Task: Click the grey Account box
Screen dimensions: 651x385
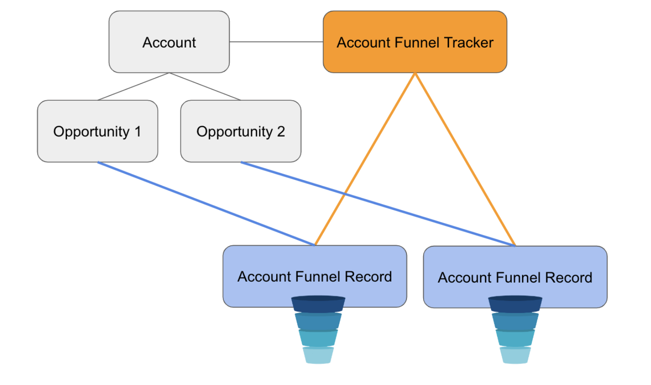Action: [169, 42]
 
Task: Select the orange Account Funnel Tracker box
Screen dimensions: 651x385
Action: [415, 42]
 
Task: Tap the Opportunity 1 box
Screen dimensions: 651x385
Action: [98, 131]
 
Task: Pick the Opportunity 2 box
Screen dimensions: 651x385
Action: [240, 131]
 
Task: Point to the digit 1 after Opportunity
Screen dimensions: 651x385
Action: [138, 131]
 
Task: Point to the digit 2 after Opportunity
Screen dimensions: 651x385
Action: [281, 131]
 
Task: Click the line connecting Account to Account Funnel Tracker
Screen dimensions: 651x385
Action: [276, 42]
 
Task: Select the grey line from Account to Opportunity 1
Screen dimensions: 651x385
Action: [133, 86]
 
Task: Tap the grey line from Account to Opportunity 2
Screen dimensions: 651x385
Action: [205, 86]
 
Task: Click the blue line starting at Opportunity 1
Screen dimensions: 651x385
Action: [206, 204]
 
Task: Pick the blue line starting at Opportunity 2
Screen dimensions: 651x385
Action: [378, 204]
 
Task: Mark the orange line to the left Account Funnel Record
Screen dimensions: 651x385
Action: [365, 159]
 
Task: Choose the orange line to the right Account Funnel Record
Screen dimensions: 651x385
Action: [465, 159]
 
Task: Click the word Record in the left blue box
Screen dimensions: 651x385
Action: [368, 276]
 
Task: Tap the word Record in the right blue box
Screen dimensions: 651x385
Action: [569, 278]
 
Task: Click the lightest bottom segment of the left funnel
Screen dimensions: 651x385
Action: [318, 355]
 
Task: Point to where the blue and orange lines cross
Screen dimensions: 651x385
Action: [345, 193]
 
